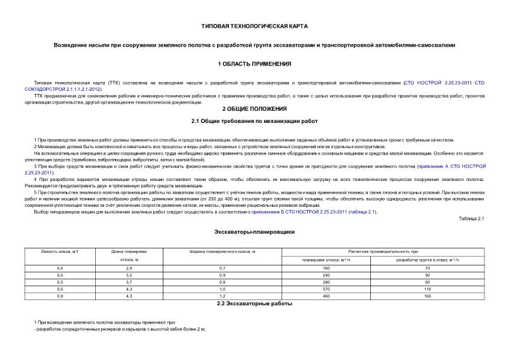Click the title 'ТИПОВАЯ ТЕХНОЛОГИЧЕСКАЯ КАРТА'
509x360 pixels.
pyautogui.click(x=254, y=27)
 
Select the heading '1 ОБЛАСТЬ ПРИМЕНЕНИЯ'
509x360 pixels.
pyautogui.click(x=254, y=64)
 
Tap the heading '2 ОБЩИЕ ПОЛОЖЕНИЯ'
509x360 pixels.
pyautogui.click(x=254, y=108)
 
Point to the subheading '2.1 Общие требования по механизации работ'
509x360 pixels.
pyautogui.click(x=254, y=121)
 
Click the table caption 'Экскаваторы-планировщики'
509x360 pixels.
pyautogui.click(x=254, y=231)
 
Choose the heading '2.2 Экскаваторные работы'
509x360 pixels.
pyautogui.click(x=254, y=304)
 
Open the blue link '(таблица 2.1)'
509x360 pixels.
pyautogui.click(x=363, y=212)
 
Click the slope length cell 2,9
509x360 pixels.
pyautogui.click(x=129, y=269)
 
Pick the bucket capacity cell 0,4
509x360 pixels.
pyautogui.click(x=60, y=269)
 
